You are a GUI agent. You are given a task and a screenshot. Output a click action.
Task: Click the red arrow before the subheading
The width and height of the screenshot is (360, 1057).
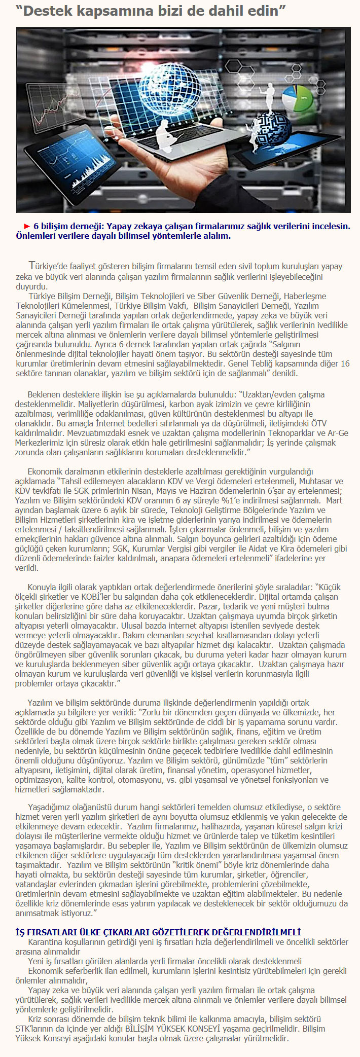click(27, 226)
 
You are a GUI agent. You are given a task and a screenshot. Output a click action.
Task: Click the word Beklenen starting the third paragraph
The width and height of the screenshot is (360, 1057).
click(43, 394)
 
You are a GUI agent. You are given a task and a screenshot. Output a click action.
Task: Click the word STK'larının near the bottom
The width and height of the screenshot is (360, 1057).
click(37, 1029)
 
